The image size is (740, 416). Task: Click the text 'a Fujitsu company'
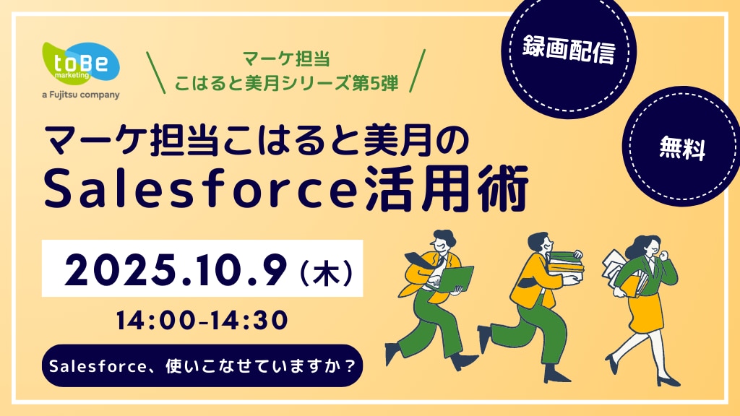click(x=81, y=95)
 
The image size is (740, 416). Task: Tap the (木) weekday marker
click(x=326, y=272)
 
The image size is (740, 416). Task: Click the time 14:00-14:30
click(x=202, y=320)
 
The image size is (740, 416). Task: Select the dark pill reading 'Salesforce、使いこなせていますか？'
click(x=202, y=366)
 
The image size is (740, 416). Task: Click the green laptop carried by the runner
click(x=455, y=279)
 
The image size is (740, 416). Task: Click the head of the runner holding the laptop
click(x=443, y=240)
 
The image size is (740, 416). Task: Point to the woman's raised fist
click(x=664, y=255)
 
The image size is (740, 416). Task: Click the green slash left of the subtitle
click(x=156, y=72)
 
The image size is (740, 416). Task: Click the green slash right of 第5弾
click(x=417, y=71)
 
